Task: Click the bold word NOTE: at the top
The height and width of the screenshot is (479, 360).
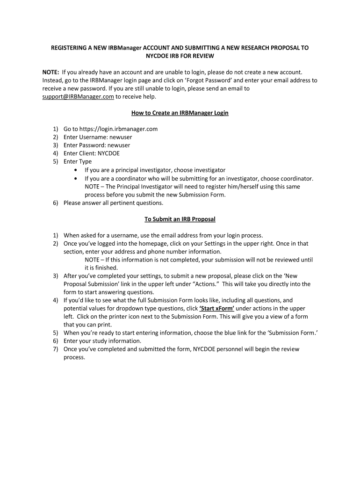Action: pyautogui.click(x=51, y=72)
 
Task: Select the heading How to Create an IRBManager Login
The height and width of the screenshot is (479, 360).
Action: pyautogui.click(x=180, y=113)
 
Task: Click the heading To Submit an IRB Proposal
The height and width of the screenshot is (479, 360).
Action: pyautogui.click(x=180, y=218)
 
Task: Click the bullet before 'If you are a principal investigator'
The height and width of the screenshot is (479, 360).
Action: pyautogui.click(x=76, y=170)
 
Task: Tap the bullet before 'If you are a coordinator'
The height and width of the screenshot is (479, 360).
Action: pyautogui.click(x=76, y=178)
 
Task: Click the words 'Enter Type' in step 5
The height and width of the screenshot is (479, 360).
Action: pyautogui.click(x=78, y=161)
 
